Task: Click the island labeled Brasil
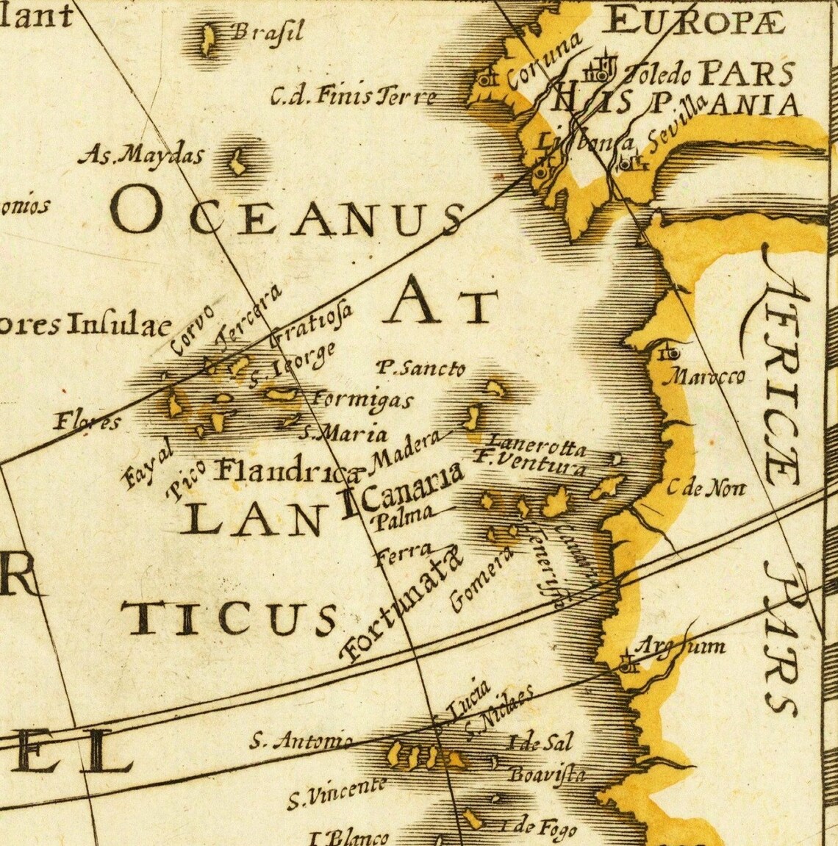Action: (208, 40)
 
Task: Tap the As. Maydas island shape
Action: (237, 162)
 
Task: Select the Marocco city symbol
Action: (670, 354)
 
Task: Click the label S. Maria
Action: (334, 433)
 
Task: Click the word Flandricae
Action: (290, 469)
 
